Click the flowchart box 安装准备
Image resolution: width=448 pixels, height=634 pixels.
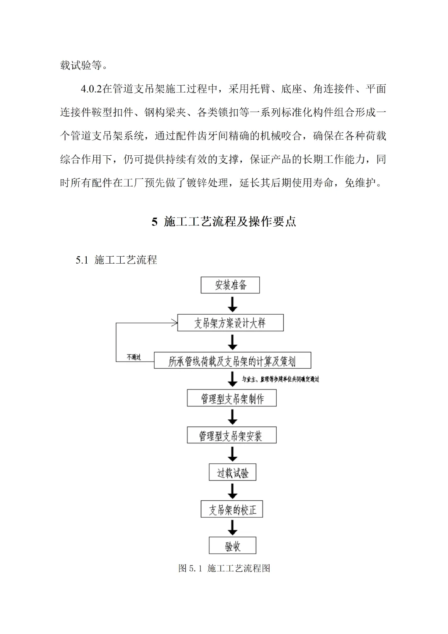230,285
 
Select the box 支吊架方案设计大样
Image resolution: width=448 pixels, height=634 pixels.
230,323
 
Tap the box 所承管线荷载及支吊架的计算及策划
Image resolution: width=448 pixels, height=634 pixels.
232,361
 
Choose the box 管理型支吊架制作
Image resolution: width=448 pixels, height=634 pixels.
232,399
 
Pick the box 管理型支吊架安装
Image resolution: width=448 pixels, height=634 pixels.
231,436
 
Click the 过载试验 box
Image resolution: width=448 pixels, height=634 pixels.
232,473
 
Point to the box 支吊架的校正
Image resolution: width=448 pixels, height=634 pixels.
232,510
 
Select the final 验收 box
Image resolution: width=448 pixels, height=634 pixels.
232,546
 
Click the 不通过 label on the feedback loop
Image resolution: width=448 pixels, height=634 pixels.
134,357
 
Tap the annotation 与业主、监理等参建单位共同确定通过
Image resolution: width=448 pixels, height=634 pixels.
280,379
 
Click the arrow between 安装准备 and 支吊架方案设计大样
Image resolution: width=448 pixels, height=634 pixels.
233,304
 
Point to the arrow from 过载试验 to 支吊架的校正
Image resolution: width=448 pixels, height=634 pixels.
233,491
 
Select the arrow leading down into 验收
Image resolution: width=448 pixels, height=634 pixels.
233,528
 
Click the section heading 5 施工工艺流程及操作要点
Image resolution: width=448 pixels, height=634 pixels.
224,222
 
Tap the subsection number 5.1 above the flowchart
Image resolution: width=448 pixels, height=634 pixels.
82,260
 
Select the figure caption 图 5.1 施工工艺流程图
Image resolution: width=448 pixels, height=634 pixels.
224,568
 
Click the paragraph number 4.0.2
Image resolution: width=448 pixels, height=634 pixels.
91,89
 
